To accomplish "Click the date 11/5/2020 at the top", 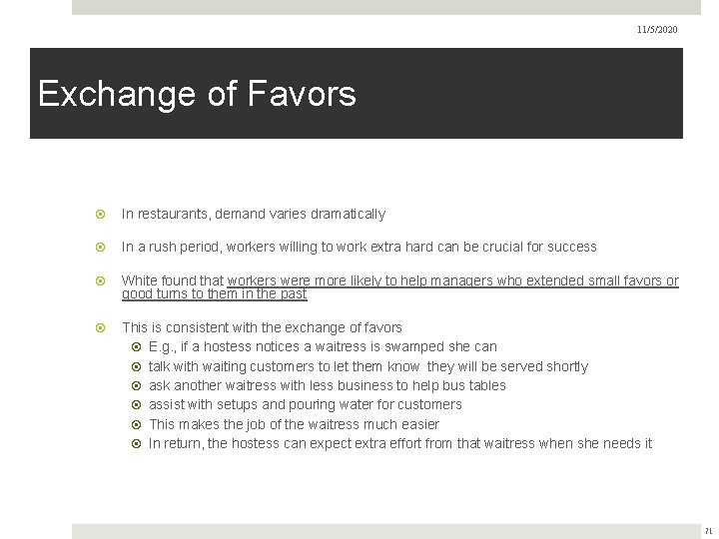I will (657, 30).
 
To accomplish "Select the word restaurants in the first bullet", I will (174, 214).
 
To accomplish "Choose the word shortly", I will (564, 366).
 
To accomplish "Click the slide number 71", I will (708, 531).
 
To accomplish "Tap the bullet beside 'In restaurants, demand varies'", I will (100, 214).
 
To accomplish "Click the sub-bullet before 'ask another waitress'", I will (137, 385).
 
